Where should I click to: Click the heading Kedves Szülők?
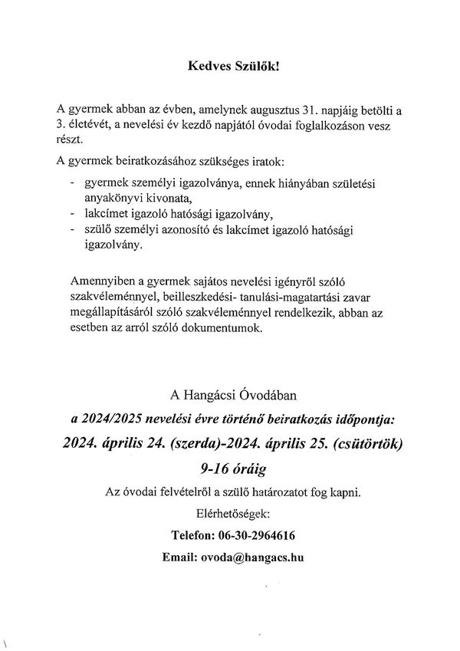pos(234,66)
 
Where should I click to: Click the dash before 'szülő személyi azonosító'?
pos(71,229)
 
